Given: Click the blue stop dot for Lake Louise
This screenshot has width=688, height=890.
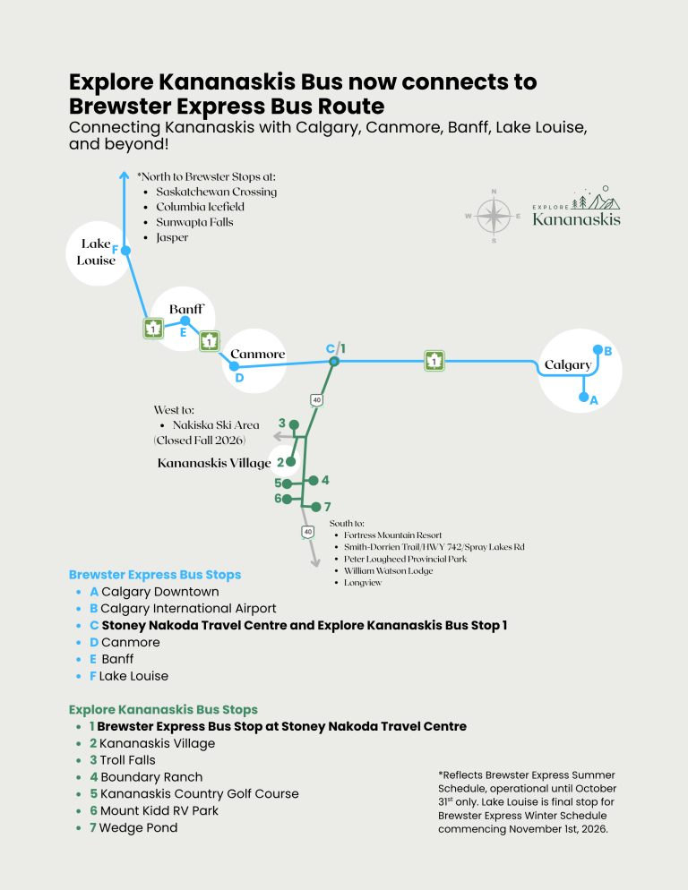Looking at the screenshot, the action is pyautogui.click(x=126, y=251).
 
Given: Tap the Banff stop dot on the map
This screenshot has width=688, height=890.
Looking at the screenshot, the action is pyautogui.click(x=185, y=321).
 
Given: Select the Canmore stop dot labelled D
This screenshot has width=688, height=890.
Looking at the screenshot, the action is pyautogui.click(x=234, y=366).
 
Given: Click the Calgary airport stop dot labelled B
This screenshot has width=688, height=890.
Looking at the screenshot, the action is pyautogui.click(x=598, y=349).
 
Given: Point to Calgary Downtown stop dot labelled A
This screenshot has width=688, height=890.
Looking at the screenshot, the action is pyautogui.click(x=583, y=397).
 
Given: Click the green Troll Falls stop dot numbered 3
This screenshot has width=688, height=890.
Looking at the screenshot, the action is pyautogui.click(x=294, y=424).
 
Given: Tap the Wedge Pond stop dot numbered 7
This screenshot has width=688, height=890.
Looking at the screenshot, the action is pyautogui.click(x=316, y=506).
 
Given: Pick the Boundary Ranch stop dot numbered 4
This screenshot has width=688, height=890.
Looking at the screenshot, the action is pyautogui.click(x=313, y=480).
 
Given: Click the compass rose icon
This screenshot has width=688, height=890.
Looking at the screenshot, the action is pyautogui.click(x=494, y=217).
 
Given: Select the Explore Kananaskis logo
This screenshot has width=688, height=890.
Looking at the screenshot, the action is pyautogui.click(x=576, y=206).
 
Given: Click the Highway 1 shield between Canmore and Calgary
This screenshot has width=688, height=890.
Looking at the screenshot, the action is pyautogui.click(x=434, y=361).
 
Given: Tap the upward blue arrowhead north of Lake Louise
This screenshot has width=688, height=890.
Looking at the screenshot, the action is pyautogui.click(x=125, y=175).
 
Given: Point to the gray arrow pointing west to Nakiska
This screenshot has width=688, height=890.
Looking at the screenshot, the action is pyautogui.click(x=289, y=436).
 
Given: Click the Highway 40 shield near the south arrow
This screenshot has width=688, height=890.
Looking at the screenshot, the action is pyautogui.click(x=307, y=532).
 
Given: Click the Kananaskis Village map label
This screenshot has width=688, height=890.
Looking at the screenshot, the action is pyautogui.click(x=214, y=463).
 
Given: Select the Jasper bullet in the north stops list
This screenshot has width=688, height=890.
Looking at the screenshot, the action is pyautogui.click(x=172, y=237).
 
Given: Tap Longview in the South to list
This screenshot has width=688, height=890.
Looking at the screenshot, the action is pyautogui.click(x=363, y=582).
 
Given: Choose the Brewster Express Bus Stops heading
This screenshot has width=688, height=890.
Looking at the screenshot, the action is pyautogui.click(x=155, y=575).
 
